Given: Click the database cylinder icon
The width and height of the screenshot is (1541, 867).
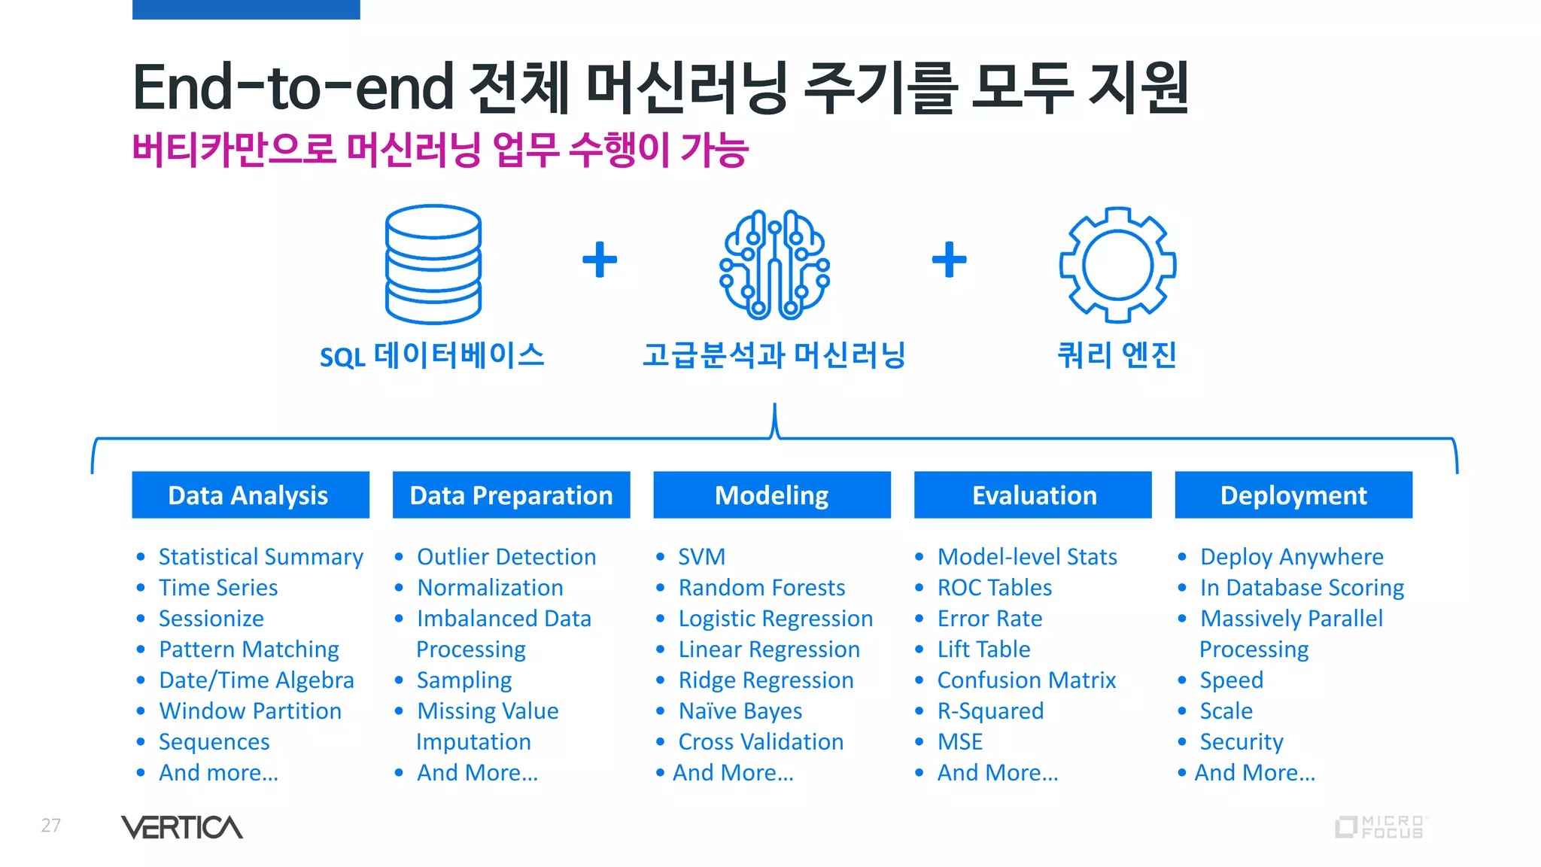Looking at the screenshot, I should (433, 263).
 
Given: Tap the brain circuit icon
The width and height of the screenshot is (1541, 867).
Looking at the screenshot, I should (774, 263).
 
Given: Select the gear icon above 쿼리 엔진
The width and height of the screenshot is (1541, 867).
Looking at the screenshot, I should (1117, 264).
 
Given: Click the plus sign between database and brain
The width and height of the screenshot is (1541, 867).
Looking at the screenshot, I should (600, 260).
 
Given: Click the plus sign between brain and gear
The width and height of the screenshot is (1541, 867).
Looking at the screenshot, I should (949, 260).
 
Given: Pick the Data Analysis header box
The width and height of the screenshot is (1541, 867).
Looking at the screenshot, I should (251, 495).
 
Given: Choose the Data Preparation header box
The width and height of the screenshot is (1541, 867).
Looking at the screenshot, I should (511, 495).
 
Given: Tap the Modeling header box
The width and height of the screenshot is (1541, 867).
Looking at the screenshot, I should (772, 495).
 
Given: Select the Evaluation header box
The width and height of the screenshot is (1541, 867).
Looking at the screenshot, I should (1033, 495).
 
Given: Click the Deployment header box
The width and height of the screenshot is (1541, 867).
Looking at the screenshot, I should (1293, 495).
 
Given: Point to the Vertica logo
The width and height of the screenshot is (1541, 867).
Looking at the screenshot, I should (182, 827).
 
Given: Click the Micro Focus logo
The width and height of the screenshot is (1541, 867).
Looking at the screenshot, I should (1381, 827).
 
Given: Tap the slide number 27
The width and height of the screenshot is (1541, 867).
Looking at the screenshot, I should (50, 826).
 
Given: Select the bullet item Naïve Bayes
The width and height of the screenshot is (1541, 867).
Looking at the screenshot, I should (740, 711).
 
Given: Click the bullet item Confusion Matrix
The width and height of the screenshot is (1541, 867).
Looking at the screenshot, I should (1026, 680).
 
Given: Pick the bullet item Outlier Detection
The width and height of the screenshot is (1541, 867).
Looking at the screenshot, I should (506, 557).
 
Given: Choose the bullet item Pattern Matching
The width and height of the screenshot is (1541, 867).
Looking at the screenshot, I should (249, 649).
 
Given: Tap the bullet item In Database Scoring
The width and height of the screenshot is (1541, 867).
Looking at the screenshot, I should (1302, 588).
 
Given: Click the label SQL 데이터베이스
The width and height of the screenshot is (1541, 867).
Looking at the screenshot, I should (432, 356).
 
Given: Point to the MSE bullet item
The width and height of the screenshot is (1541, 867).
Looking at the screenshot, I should (960, 742).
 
